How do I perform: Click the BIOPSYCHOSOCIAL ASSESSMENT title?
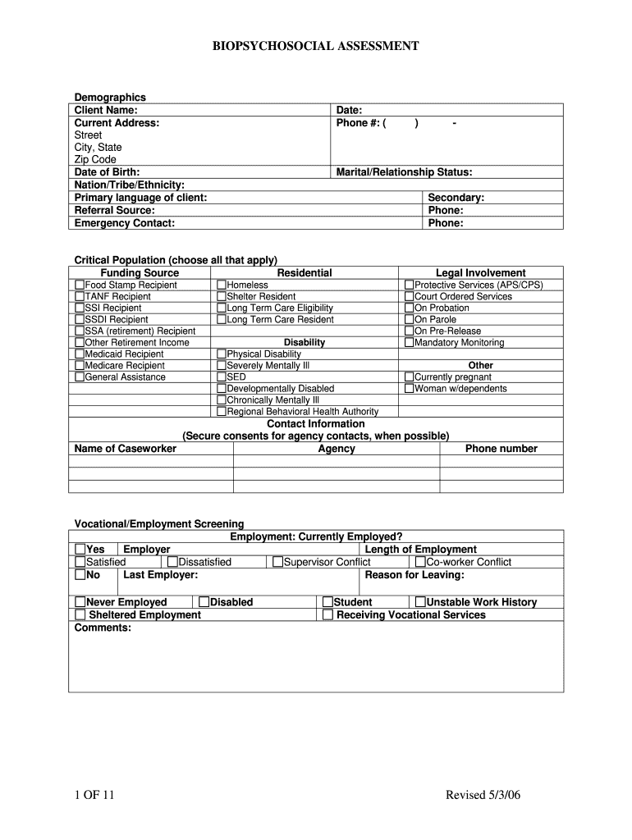click(316, 47)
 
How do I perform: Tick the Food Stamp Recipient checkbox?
click(80, 285)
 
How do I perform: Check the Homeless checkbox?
click(222, 285)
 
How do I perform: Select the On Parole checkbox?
click(409, 320)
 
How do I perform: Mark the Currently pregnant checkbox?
click(409, 377)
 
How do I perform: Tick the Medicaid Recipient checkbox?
click(80, 354)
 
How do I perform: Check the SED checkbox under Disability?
click(222, 377)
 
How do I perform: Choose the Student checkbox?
click(327, 602)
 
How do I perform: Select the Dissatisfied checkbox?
click(172, 562)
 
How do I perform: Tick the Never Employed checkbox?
click(80, 602)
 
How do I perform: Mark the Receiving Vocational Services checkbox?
click(327, 614)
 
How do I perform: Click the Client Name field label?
click(106, 110)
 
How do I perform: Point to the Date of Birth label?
click(107, 172)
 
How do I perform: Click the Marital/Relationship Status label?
click(404, 172)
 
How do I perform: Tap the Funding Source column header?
click(140, 273)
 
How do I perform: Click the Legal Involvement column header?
click(480, 273)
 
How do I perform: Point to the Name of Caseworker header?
click(125, 449)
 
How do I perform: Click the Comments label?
click(103, 628)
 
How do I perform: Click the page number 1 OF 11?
click(91, 795)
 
